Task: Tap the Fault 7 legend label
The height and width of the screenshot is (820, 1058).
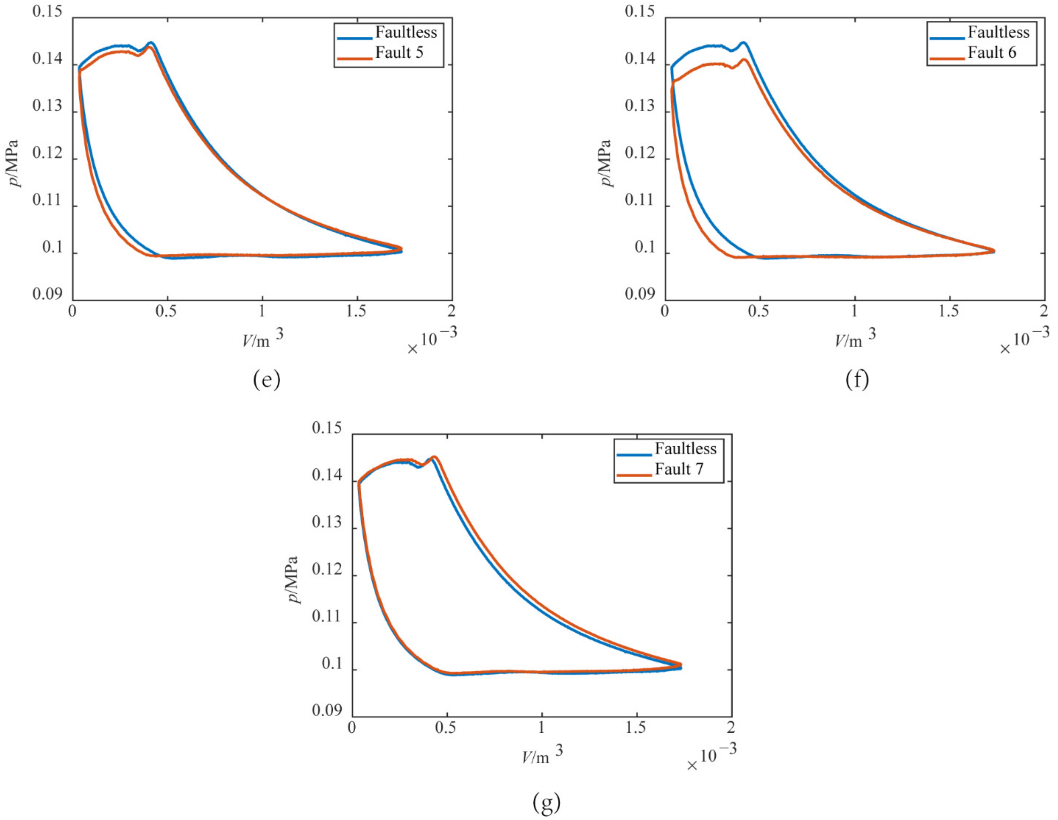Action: [x=679, y=469]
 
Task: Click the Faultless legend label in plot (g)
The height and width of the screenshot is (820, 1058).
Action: [x=685, y=449]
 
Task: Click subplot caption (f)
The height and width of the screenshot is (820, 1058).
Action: [x=857, y=380]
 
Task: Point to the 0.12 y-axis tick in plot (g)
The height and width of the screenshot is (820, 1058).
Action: [x=327, y=570]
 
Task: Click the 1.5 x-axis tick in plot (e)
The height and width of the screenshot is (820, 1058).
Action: [x=356, y=311]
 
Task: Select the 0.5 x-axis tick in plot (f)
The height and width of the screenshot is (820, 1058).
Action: [x=758, y=311]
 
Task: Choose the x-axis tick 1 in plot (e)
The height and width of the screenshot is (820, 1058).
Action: [x=262, y=311]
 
